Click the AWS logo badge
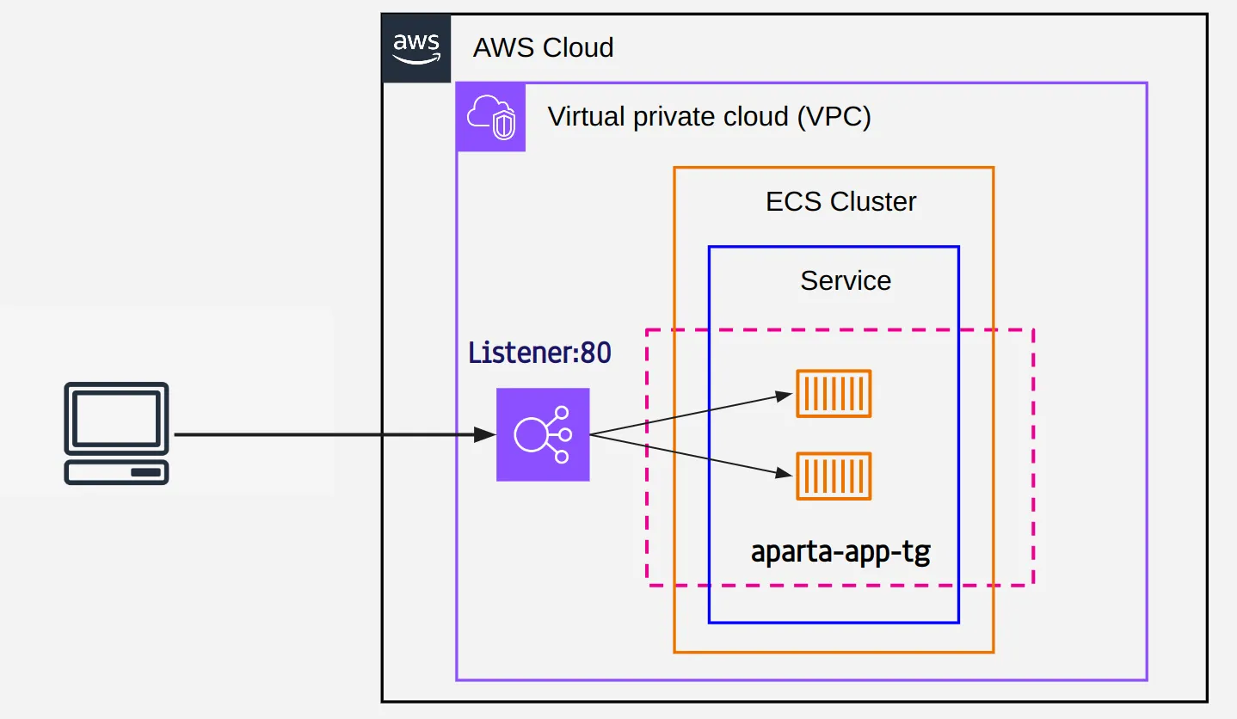coord(416,48)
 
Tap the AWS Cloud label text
coord(543,47)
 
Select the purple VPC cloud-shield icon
coord(490,117)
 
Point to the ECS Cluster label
coord(840,202)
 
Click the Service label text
coord(846,280)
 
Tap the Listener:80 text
coord(539,353)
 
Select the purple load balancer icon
coord(543,434)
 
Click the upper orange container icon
coord(834,394)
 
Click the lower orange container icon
coord(834,476)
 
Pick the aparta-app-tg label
coord(840,551)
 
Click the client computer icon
coord(116,433)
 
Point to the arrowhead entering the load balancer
coord(485,435)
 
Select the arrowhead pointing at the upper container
coord(783,395)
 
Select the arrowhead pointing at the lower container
coord(783,473)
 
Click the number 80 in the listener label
coord(596,353)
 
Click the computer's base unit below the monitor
coord(116,472)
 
